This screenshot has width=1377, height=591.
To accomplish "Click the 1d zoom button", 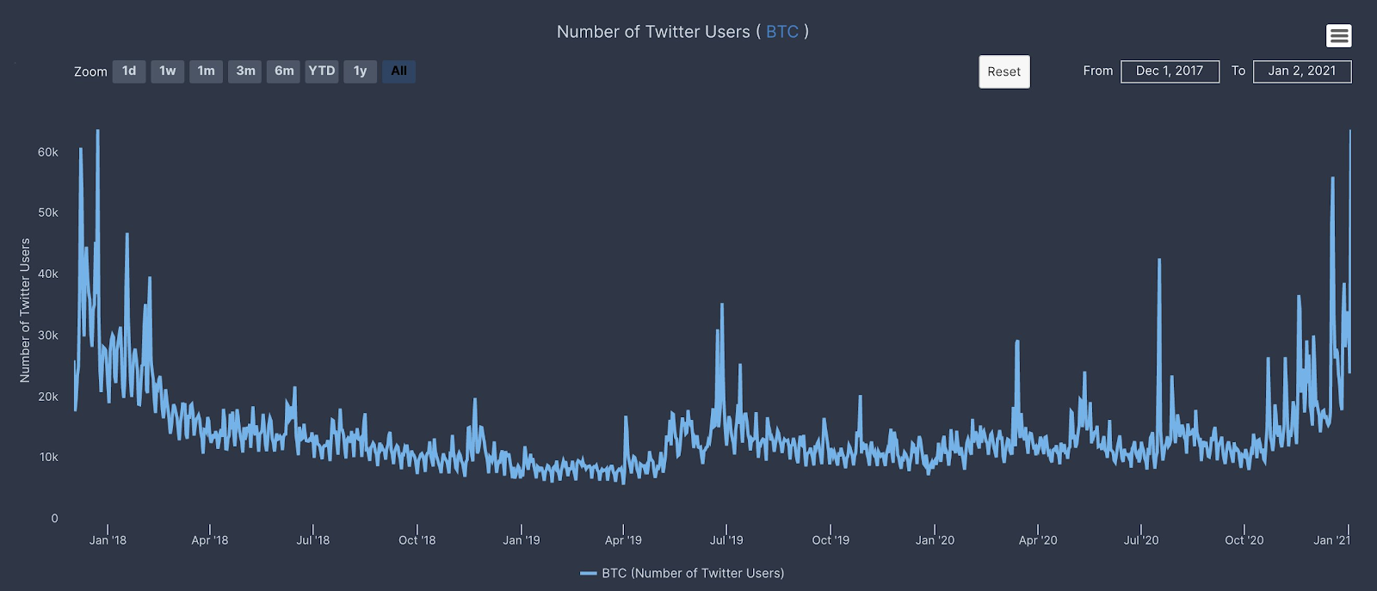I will pos(129,71).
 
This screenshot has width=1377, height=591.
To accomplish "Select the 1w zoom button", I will pos(168,71).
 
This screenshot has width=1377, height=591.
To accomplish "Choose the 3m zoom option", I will pos(245,71).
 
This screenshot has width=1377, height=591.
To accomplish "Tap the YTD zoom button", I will pos(322,71).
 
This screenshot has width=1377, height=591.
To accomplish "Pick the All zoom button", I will pos(398,71).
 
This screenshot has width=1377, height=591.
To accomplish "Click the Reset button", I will pos(1003,72).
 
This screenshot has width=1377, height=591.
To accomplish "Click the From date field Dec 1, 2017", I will pos(1170,71).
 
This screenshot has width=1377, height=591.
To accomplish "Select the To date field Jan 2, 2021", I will pos(1302,71).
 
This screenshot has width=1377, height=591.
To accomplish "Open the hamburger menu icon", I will pos(1338,35).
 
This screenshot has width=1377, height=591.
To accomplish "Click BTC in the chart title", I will pos(781,32).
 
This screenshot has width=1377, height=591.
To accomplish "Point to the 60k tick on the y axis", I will pos(48,152).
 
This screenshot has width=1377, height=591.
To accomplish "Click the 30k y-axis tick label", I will pos(48,336).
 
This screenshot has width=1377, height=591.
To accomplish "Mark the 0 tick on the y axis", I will pos(54,518).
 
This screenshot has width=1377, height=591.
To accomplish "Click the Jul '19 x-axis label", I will pos(726,540).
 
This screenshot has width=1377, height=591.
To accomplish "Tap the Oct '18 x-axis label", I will pos(417,540).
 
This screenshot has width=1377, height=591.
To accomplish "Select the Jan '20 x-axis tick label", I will pos(935,540).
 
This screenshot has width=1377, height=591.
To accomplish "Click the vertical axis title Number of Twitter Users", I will pos(25,310).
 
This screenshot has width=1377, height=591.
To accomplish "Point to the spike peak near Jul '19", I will pos(722,305).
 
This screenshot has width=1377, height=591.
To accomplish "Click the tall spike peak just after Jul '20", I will pos(1159,260).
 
